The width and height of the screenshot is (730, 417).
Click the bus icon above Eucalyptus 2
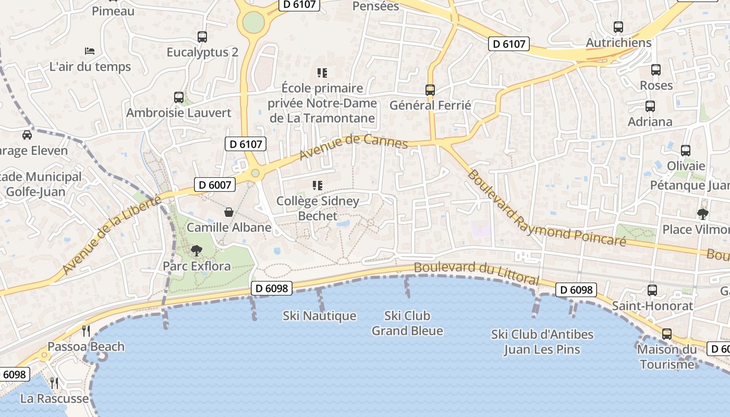pyautogui.click(x=202, y=37)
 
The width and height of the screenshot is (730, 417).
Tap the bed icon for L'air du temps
pyautogui.click(x=90, y=51)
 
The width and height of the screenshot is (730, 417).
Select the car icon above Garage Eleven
pyautogui.click(x=27, y=135)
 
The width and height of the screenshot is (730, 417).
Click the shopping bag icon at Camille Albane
pyautogui.click(x=228, y=212)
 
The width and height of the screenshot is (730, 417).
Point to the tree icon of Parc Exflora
pyautogui.click(x=196, y=251)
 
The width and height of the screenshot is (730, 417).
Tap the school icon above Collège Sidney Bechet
pyautogui.click(x=317, y=186)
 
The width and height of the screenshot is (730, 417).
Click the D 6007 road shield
pyautogui.click(x=215, y=184)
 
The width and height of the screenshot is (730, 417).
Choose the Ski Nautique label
pyautogui.click(x=320, y=316)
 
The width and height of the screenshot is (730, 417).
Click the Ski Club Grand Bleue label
pyautogui.click(x=407, y=323)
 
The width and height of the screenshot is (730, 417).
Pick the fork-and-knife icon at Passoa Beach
pyautogui.click(x=86, y=330)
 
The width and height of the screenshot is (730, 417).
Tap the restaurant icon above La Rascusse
pyautogui.click(x=54, y=383)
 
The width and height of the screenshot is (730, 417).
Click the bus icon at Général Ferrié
pyautogui.click(x=430, y=90)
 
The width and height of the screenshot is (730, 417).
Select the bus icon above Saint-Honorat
pyautogui.click(x=652, y=290)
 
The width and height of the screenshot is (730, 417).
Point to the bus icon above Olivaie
pyautogui.click(x=686, y=151)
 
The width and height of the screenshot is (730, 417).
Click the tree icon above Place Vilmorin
pyautogui.click(x=702, y=214)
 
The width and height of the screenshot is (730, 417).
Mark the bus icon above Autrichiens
pyautogui.click(x=618, y=27)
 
